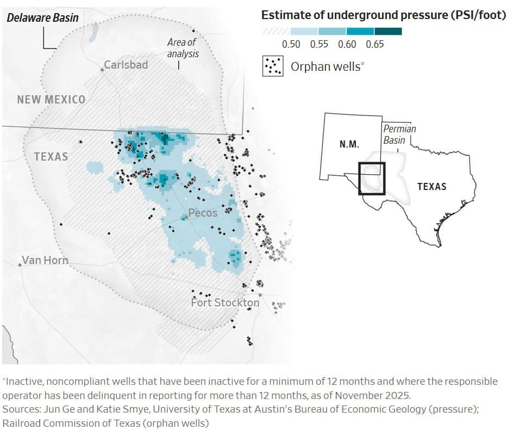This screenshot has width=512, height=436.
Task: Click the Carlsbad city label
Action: pos(126,65)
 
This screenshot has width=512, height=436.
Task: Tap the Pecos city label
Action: pos(202,213)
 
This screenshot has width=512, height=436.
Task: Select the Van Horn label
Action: pos(45,260)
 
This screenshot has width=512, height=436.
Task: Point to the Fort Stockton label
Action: pos(225,303)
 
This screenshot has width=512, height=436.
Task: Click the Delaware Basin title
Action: pos(42,18)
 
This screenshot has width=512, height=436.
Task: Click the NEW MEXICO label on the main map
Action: pos(51,100)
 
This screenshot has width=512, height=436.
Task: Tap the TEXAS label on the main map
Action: pos(51,157)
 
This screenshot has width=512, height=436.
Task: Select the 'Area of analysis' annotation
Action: pos(183,48)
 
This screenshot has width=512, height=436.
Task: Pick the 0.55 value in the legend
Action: pos(319,45)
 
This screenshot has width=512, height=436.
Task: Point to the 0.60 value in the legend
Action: pos(347,45)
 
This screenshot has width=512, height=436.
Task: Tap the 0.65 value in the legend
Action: pos(375,45)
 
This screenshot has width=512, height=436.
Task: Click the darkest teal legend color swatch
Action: pos(388,32)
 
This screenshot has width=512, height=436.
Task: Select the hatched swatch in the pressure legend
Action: pos(276,32)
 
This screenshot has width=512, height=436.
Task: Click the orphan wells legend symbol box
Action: pos(273,66)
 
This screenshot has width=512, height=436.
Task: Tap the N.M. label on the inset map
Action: pos(349,144)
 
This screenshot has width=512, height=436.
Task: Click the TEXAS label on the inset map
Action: pos(432,186)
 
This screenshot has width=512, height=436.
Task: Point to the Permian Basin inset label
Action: pos(399,134)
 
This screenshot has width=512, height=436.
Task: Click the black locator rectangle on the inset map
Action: pos(372,178)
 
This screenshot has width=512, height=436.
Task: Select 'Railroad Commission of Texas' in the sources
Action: pos(58,422)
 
